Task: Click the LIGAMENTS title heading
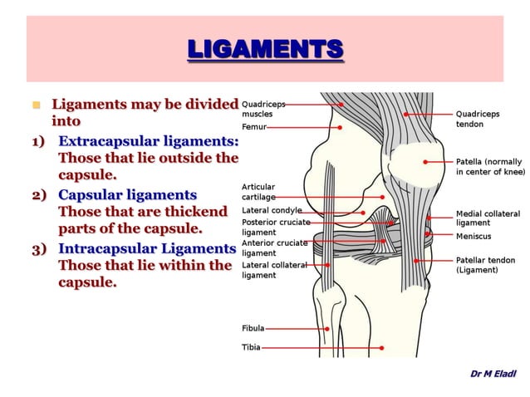point(265,49)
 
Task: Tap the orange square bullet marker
point(35,105)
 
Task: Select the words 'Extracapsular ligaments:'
point(149,140)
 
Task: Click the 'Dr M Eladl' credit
point(493,373)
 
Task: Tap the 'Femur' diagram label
point(253,127)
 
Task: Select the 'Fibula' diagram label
point(253,328)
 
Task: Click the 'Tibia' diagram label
point(251,347)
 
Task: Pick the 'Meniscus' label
point(473,236)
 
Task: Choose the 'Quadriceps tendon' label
point(478,119)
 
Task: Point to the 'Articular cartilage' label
point(258,192)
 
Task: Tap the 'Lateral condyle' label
point(272,211)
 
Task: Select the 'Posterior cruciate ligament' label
point(276,227)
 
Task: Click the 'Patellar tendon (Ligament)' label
point(485,265)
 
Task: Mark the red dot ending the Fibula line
point(327,329)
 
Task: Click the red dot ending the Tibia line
point(382,348)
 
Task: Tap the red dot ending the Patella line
point(424,162)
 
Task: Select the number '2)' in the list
point(38,195)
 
